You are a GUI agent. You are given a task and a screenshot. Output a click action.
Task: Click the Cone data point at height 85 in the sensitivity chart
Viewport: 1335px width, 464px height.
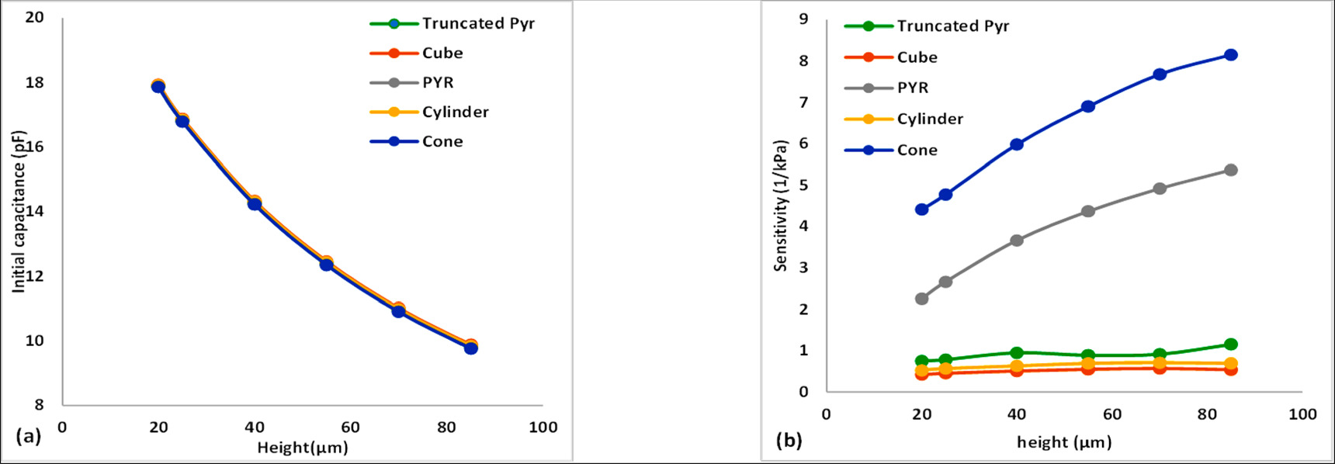(1230, 55)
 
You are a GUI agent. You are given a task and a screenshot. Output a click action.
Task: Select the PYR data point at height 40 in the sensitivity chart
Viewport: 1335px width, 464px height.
(1017, 241)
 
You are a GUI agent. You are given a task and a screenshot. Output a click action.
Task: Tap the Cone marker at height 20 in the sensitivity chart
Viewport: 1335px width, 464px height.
(922, 209)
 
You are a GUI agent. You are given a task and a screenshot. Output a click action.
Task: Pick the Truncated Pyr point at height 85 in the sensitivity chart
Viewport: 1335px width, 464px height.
(1230, 345)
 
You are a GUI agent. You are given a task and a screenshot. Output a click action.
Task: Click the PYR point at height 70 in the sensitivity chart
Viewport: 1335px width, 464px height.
(1160, 189)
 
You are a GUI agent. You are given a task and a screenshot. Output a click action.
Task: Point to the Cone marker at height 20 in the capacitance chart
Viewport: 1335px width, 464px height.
(158, 87)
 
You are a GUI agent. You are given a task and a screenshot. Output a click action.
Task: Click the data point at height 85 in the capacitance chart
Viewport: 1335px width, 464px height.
(470, 348)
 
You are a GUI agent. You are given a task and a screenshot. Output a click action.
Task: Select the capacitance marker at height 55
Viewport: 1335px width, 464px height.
(327, 265)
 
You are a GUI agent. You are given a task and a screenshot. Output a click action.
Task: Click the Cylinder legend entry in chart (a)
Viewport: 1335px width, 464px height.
(455, 112)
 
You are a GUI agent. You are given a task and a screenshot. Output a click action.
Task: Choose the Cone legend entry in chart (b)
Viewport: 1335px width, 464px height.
(917, 150)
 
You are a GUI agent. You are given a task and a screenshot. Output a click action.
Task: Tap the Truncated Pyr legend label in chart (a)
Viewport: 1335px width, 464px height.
(478, 23)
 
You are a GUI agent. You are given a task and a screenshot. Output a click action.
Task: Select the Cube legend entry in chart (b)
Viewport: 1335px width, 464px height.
(917, 57)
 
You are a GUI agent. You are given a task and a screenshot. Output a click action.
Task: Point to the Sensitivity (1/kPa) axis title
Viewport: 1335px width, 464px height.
(781, 206)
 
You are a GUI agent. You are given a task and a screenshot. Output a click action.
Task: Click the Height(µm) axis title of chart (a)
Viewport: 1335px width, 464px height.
(303, 448)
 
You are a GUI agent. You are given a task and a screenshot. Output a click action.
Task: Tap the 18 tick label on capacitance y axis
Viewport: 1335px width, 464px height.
(35, 82)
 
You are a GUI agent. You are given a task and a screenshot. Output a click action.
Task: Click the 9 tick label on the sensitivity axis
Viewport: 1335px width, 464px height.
(804, 19)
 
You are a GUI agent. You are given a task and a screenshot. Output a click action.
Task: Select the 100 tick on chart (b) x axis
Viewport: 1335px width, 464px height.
(1302, 414)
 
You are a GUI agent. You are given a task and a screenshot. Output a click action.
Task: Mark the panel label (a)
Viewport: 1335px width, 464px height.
(29, 436)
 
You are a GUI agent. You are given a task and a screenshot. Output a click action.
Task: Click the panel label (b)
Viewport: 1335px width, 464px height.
(789, 441)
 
